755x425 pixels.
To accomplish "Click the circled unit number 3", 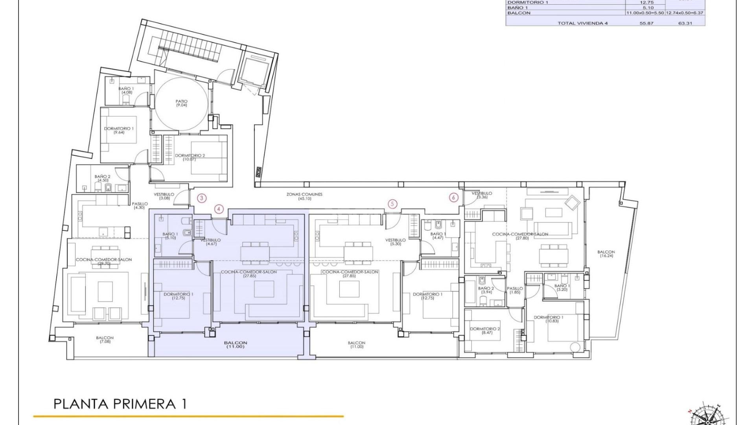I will point(201,198).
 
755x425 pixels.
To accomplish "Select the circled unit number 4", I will point(219,209).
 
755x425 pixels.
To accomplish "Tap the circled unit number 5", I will point(392,204).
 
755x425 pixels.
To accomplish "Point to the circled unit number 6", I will point(454,198).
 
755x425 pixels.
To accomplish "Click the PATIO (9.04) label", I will point(181,103).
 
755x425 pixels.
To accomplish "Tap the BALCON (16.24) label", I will point(606,254).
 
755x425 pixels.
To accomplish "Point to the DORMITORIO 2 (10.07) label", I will point(190,157).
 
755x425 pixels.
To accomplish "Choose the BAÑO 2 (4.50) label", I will point(103,178).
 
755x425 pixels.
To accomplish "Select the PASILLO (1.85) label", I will point(515,290).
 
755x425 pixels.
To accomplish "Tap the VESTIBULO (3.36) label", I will point(482,195).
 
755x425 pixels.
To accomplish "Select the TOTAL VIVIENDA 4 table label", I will point(582,23).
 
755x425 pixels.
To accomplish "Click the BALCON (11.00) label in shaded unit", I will point(236,345).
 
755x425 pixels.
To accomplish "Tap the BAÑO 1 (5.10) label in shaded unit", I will point(170,236).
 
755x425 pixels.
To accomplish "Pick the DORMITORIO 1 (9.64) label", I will point(119,131).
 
